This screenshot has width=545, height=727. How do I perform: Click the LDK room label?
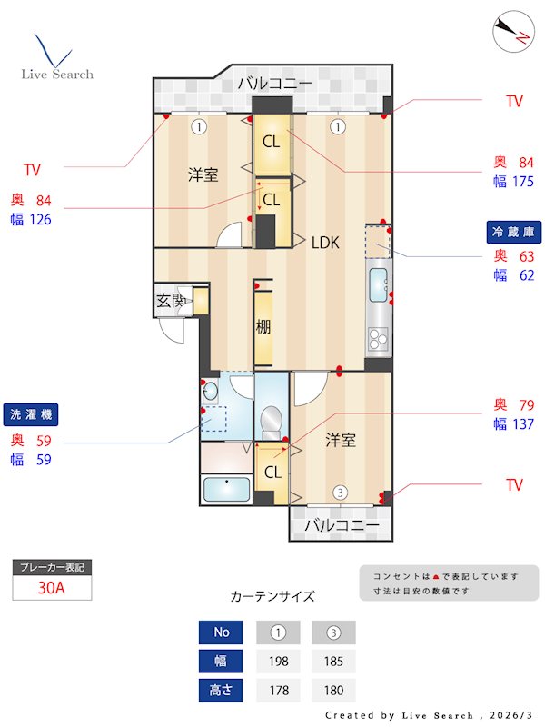coord(325,243)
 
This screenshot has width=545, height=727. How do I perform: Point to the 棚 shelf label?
coord(263,327)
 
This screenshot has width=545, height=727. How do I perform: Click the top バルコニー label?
coord(275,84)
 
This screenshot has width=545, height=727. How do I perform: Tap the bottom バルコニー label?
coord(341,525)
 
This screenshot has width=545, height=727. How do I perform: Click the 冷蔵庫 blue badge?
coord(516,233)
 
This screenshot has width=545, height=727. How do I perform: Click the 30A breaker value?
coord(52,587)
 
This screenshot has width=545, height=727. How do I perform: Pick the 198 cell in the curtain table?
coord(279,661)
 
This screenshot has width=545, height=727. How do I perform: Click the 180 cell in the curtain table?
coord(333,690)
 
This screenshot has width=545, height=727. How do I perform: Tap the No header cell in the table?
coord(222,632)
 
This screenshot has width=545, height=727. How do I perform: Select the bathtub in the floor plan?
coord(226,489)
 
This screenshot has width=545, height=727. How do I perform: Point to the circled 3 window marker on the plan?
coord(339,493)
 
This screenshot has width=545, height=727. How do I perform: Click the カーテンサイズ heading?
coord(272,596)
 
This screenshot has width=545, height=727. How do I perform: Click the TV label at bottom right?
coord(515,485)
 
